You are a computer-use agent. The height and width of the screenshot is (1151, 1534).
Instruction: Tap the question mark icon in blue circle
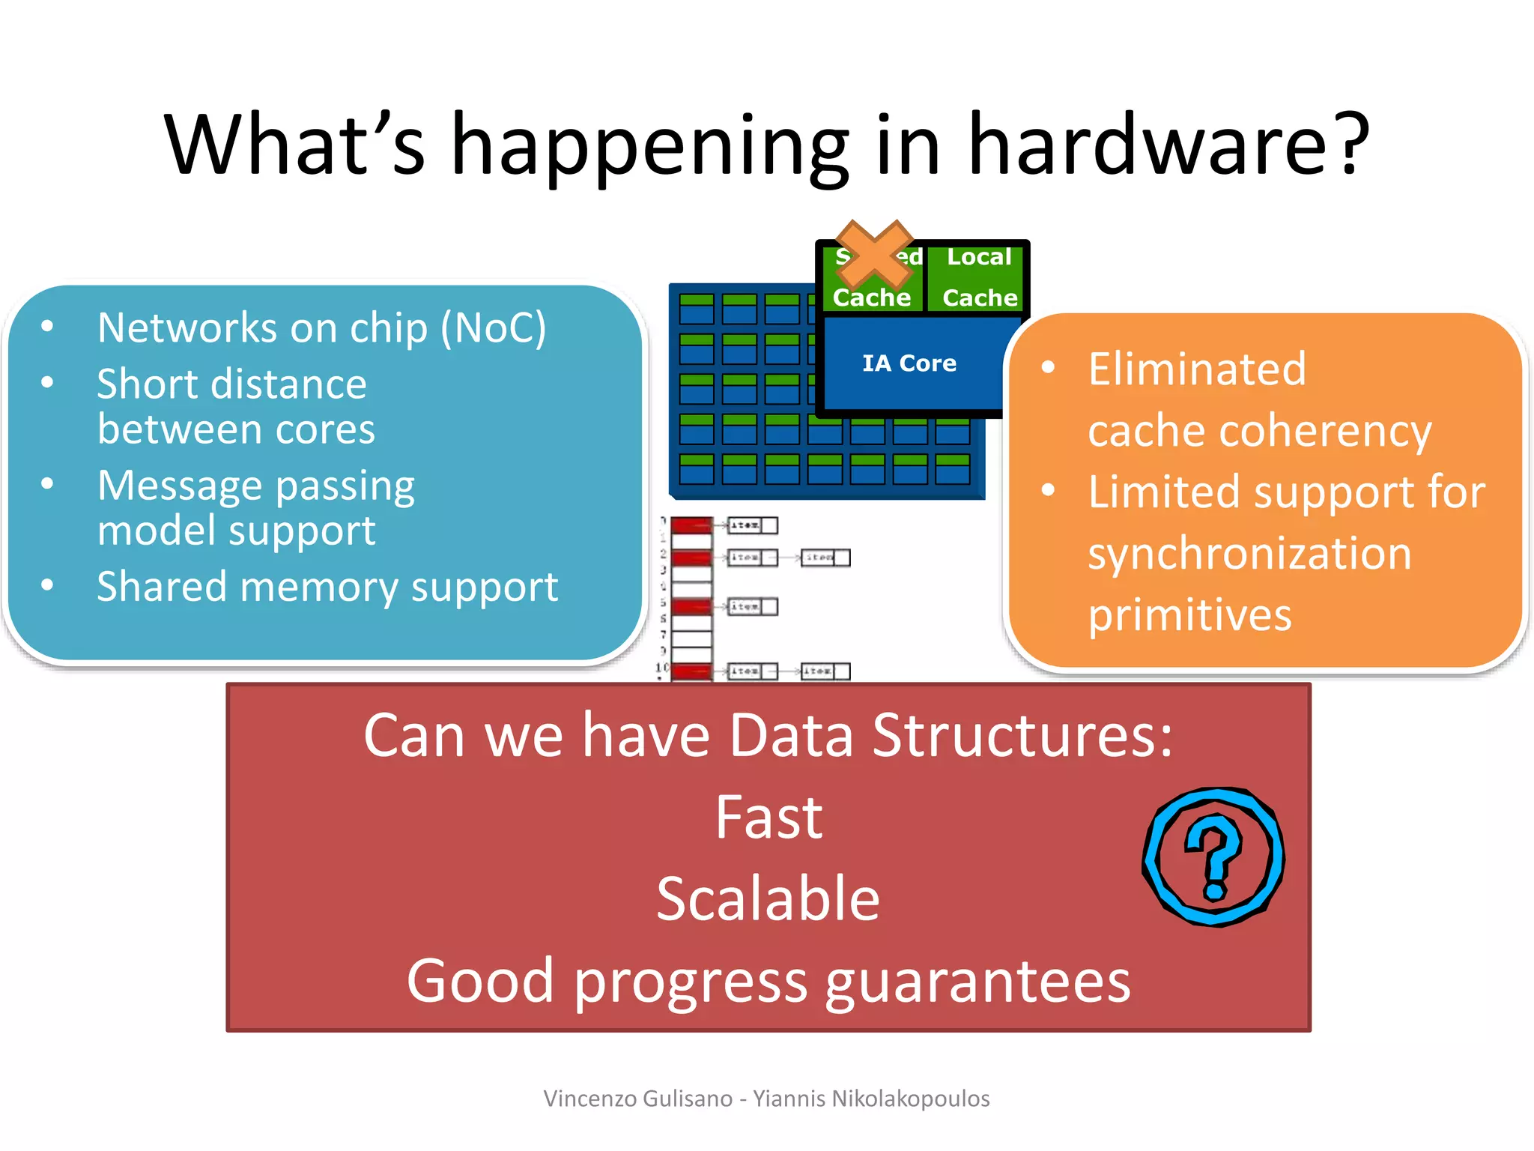tap(1214, 857)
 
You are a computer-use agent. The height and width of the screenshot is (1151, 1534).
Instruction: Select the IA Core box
tap(909, 363)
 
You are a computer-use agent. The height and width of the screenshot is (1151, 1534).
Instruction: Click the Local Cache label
tap(979, 277)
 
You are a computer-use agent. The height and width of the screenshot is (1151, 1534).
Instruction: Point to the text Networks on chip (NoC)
tap(321, 328)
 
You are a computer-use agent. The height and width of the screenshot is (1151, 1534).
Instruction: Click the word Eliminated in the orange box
tap(1196, 369)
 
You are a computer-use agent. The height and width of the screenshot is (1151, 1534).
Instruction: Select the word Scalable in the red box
tap(768, 898)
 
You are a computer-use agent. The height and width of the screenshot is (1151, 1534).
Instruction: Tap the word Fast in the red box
tap(768, 818)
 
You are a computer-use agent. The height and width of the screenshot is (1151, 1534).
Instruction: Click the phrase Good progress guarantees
tap(768, 981)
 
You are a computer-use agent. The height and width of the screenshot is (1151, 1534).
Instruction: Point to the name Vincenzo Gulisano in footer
tap(637, 1099)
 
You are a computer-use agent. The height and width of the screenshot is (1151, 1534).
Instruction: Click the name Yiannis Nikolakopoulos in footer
tap(871, 1099)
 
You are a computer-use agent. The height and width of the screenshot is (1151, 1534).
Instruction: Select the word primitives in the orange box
tap(1189, 615)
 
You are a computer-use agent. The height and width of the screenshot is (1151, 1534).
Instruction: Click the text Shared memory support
tap(327, 587)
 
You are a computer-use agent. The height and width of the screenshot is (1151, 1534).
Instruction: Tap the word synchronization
tap(1249, 554)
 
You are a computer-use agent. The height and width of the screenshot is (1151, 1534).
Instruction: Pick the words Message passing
tap(255, 486)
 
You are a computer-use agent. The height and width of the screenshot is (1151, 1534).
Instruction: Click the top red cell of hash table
tap(691, 525)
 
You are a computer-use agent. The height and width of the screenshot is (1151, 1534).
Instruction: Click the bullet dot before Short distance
tap(47, 383)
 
